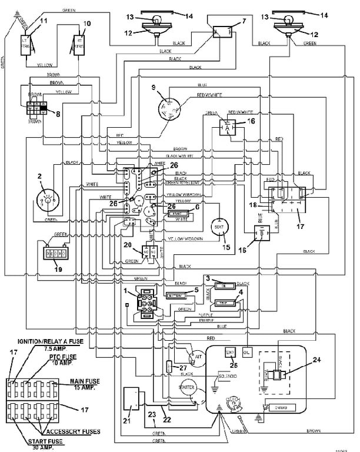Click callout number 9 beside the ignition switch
click(x=153, y=88)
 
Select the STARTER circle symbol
click(x=186, y=388)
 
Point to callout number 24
click(x=316, y=360)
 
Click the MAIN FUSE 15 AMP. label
click(x=82, y=384)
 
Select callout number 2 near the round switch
click(x=41, y=175)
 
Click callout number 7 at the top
click(x=244, y=22)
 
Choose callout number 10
click(x=88, y=24)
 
